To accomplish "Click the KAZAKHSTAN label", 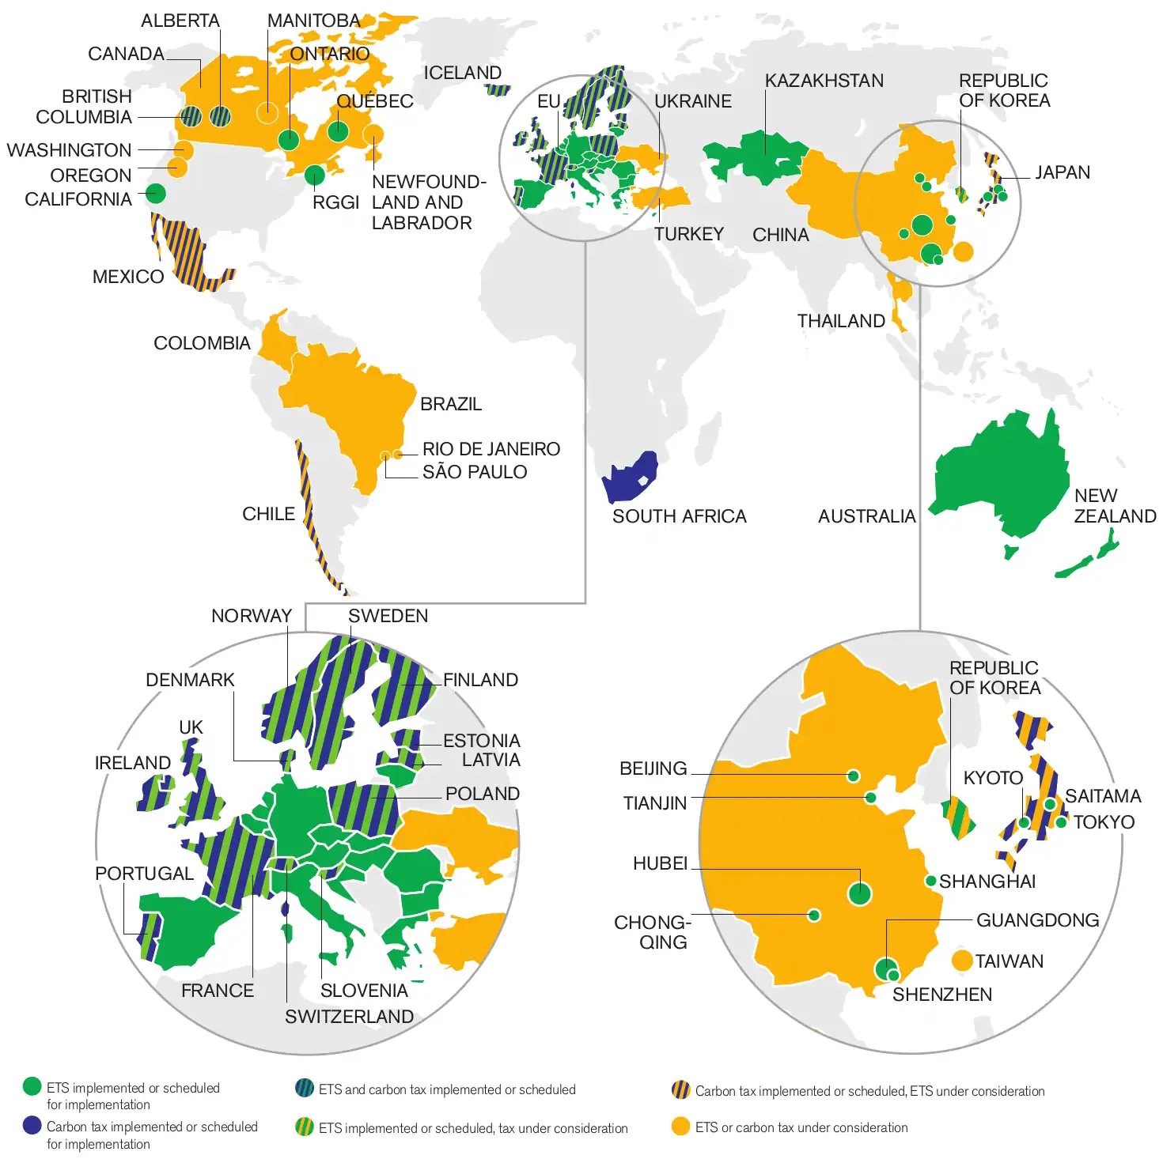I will click(824, 81).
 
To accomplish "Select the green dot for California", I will click(156, 193).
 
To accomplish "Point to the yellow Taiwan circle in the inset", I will click(962, 961).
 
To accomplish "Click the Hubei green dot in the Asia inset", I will click(860, 893).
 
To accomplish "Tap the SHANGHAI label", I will click(987, 882).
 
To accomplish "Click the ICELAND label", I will click(463, 73).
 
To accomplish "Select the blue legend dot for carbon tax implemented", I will click(32, 1125).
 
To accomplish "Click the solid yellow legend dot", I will click(680, 1127).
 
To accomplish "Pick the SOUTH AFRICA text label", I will click(679, 516).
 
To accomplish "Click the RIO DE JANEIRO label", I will click(491, 449).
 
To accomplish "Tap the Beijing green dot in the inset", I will click(853, 776).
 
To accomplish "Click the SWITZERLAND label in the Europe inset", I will click(349, 1017).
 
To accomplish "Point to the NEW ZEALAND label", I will click(1114, 506).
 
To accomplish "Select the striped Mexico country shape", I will click(186, 253).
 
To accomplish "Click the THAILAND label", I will click(840, 321).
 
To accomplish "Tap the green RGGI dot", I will click(314, 175).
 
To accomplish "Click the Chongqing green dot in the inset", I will click(813, 915).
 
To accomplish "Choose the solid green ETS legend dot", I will click(32, 1086).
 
